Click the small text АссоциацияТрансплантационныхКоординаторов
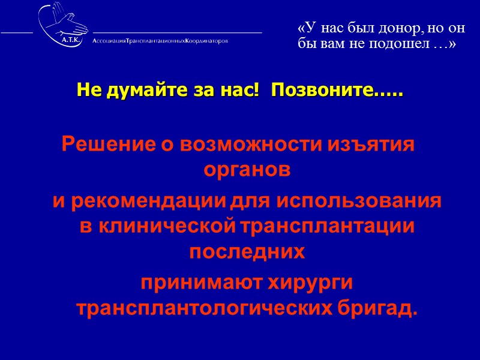(160, 41)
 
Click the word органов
(247, 170)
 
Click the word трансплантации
(328, 226)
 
